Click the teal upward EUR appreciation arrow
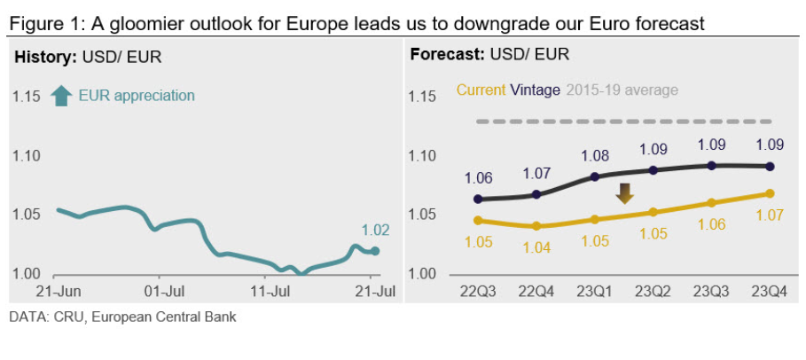[x=61, y=96]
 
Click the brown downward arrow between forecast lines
[x=624, y=193]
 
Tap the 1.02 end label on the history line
[x=376, y=231]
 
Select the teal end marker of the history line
[x=375, y=251]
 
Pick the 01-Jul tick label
[x=163, y=290]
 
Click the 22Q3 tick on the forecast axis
[x=478, y=290]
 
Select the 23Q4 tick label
[x=769, y=290]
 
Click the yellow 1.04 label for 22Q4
[x=536, y=247]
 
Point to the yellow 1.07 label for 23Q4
[x=769, y=215]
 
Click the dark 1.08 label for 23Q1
[x=594, y=156]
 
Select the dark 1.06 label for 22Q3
[x=478, y=178]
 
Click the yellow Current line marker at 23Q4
[x=770, y=193]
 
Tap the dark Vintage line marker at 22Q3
[x=479, y=199]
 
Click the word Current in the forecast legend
[x=481, y=90]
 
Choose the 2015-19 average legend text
[x=621, y=90]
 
